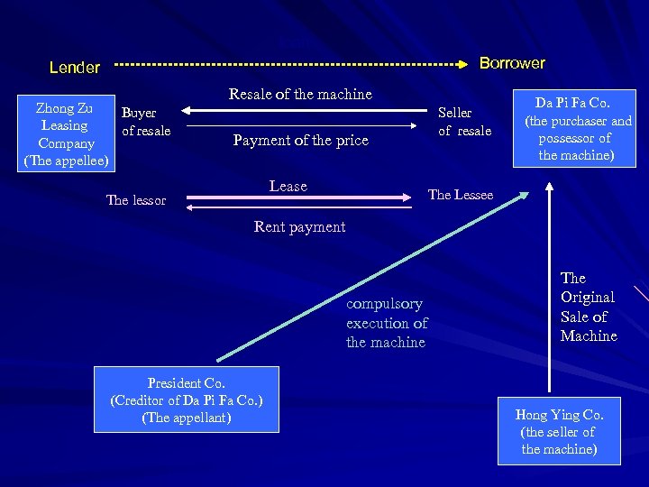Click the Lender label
pos(75,68)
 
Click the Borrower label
pos(512,63)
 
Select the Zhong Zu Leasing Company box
pos(65,134)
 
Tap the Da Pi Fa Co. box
pos(573,125)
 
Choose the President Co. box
pos(186,400)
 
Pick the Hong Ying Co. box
pos(559,431)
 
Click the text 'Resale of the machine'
pos(300,94)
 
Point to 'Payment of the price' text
pos(300,140)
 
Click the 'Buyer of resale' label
pos(146,122)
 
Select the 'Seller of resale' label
pos(464,122)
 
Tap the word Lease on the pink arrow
pos(288,186)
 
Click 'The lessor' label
pos(136,200)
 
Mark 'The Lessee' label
pos(460,195)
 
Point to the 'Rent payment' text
pos(299,226)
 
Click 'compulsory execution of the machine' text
pos(387,323)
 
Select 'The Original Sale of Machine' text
pos(588,307)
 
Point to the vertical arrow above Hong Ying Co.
pos(547,289)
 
